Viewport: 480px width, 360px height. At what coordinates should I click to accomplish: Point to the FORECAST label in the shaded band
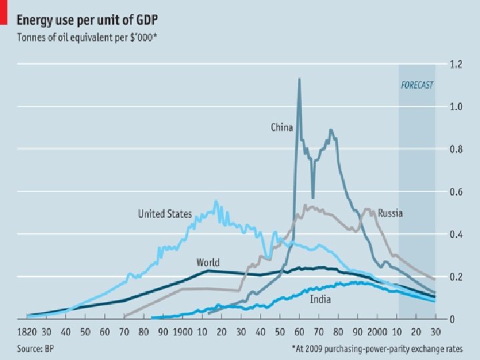pos(417,85)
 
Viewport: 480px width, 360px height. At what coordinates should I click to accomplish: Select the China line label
pos(281,127)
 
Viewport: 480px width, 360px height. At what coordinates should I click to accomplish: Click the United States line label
pos(165,214)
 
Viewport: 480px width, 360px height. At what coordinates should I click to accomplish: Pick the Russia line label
pos(390,213)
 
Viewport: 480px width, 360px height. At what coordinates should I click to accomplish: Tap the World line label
pos(208,262)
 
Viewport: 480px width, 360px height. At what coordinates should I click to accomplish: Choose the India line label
pos(321,299)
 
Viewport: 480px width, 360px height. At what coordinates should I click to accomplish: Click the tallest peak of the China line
pos(299,79)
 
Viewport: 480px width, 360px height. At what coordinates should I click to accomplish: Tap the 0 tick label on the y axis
pos(452,319)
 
